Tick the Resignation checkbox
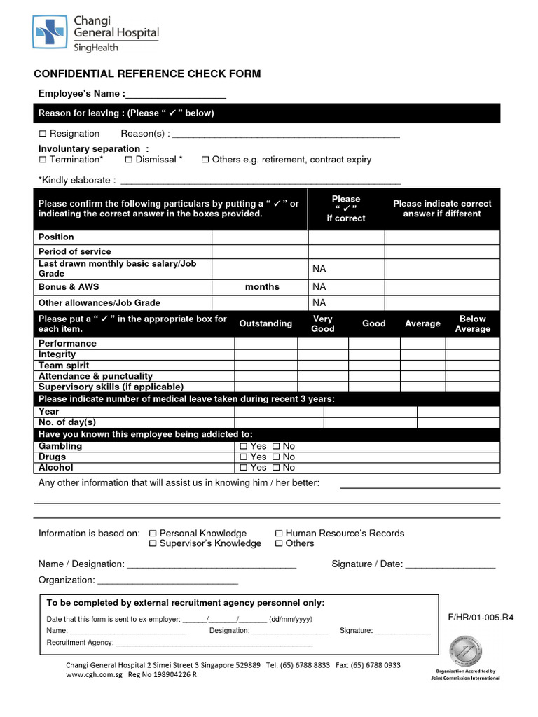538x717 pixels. point(43,134)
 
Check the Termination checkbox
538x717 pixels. point(43,160)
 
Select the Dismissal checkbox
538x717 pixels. point(129,160)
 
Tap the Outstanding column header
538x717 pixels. point(265,323)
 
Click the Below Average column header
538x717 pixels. point(472,323)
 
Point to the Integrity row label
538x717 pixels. point(57,354)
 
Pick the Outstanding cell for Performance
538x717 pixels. point(265,344)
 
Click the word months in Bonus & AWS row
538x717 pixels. point(262,286)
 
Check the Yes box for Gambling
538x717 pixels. point(243,447)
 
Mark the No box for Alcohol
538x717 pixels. point(276,468)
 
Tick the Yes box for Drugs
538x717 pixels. point(243,457)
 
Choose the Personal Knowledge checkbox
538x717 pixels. point(153,534)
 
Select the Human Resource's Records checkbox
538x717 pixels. point(279,534)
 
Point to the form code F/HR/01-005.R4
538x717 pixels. point(476,618)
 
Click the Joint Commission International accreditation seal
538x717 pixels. point(465,650)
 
